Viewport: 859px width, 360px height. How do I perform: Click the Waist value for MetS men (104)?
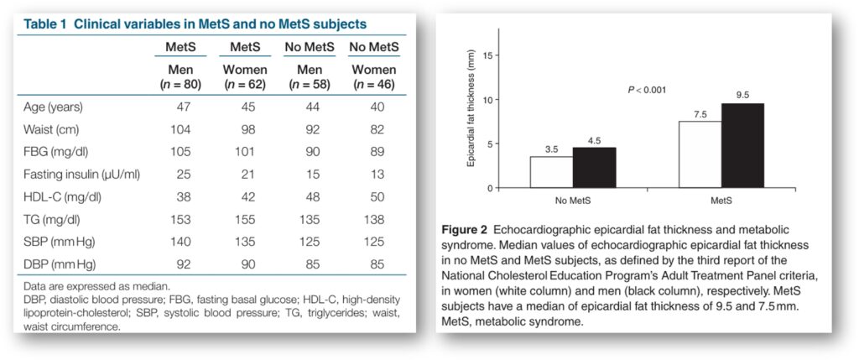(x=180, y=129)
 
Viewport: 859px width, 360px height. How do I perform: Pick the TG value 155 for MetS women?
(x=244, y=220)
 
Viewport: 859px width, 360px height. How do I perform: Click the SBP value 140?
(x=180, y=243)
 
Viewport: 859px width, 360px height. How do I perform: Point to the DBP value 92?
(x=183, y=264)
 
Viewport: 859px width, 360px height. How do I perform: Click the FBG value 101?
(x=244, y=152)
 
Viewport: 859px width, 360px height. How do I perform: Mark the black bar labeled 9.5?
(x=742, y=145)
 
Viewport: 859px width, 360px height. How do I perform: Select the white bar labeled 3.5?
(x=552, y=172)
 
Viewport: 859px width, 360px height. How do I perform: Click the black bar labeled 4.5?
(x=594, y=168)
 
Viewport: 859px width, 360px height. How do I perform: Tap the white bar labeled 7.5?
(x=700, y=154)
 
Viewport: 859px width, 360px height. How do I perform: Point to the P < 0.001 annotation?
(x=647, y=90)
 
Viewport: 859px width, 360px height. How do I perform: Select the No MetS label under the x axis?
(x=572, y=201)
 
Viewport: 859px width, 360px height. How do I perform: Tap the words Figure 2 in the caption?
(x=465, y=229)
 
